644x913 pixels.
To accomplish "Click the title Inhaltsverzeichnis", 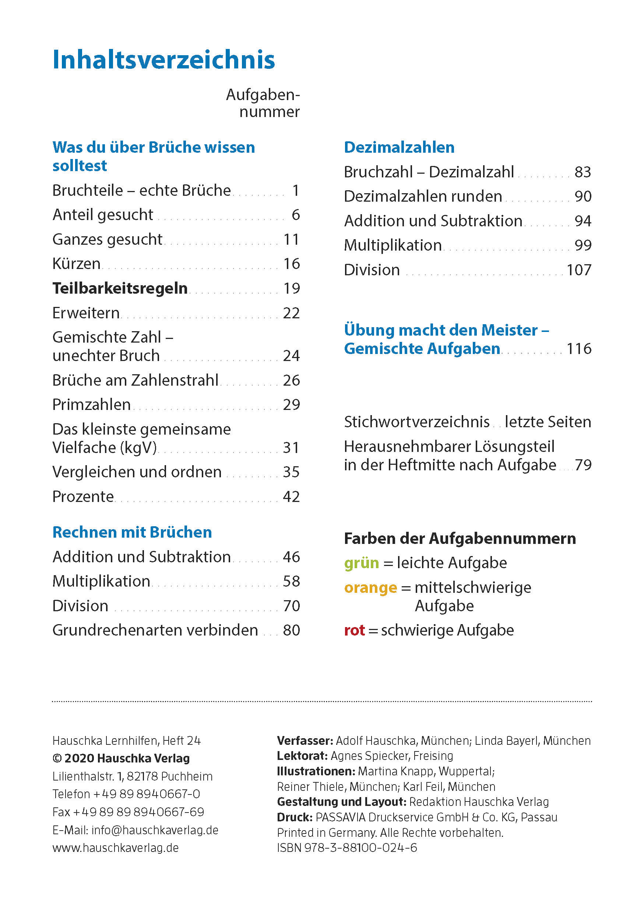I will coord(163,60).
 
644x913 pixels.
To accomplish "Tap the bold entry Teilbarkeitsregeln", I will coord(120,288).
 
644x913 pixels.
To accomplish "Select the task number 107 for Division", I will coord(579,270).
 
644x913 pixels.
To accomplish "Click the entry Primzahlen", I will coord(91,405).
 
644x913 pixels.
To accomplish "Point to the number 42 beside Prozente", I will coord(291,497).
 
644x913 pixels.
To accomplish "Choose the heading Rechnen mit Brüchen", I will coord(132,532).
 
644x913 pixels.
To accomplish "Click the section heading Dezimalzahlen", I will coord(399,148).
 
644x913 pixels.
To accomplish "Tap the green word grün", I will coord(361,563).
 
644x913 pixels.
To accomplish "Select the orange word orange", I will coord(370,588).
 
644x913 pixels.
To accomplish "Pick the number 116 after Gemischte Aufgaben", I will coord(579,349).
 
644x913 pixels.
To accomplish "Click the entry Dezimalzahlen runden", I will coord(423,197).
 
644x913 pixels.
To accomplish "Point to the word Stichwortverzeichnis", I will coord(416,422).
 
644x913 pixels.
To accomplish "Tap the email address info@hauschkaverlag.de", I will coord(155,830).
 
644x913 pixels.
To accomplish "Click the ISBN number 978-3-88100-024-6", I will coord(360,848).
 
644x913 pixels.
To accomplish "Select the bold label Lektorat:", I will coord(302,755).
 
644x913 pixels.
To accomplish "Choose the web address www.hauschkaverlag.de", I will coord(115,848).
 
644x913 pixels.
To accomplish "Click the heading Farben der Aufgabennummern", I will coord(460,538).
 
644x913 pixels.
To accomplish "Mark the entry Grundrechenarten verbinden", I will coord(155,630).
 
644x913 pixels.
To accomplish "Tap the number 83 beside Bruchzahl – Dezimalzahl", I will coord(583,172).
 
